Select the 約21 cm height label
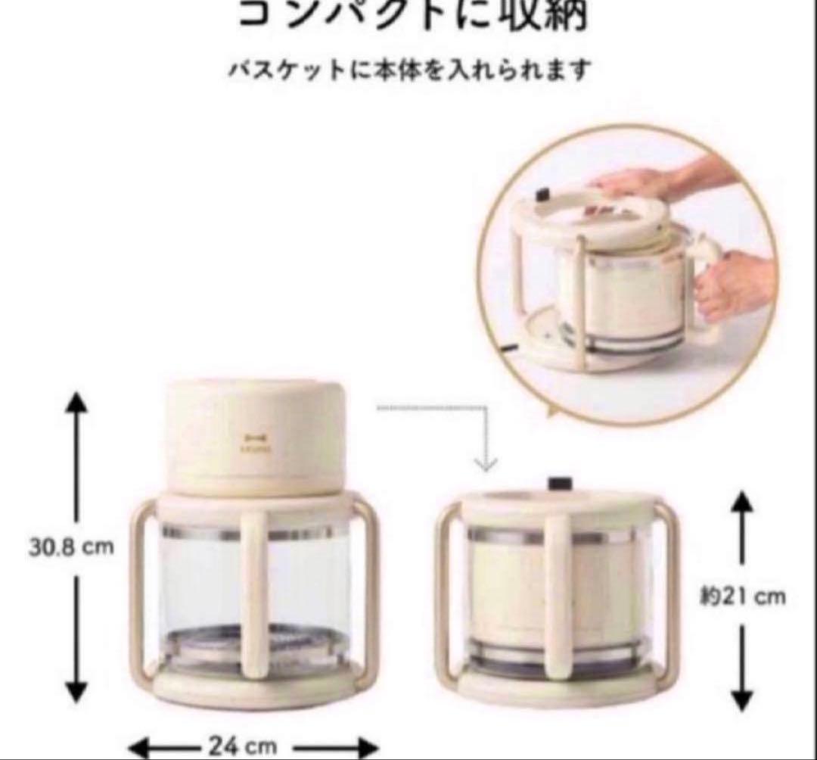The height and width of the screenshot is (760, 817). tap(741, 596)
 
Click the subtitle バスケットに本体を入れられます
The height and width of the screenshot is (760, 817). tap(408, 70)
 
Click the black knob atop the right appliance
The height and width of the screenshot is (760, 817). tap(560, 482)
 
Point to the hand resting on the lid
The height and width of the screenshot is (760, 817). tap(635, 182)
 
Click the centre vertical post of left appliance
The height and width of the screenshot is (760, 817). tap(254, 583)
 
